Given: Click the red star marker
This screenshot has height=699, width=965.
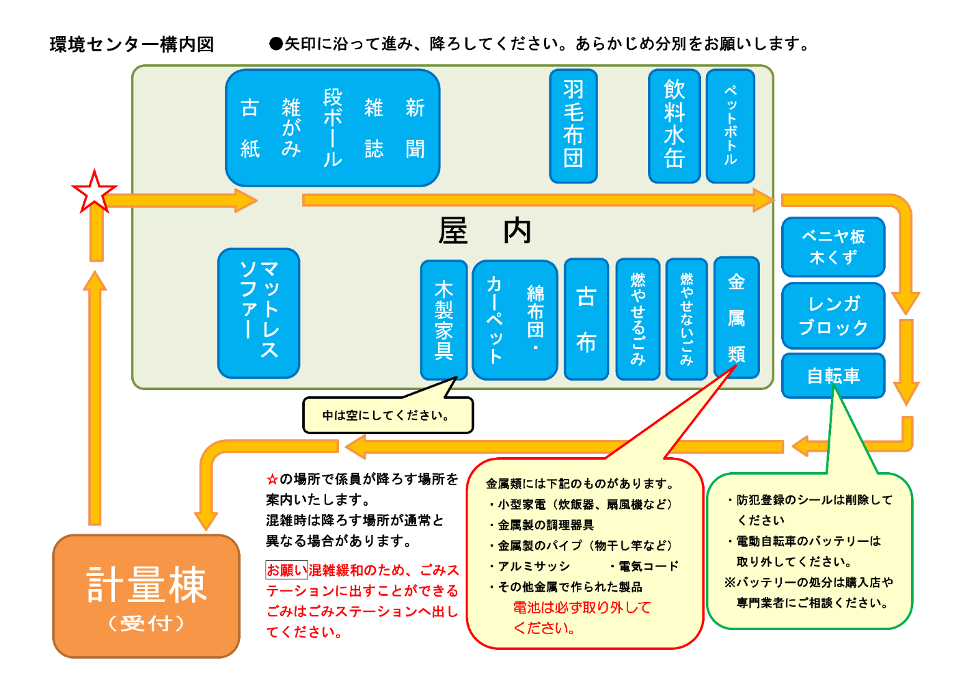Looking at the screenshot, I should tap(94, 192).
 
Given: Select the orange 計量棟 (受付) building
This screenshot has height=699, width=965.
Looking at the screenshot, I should tap(146, 596).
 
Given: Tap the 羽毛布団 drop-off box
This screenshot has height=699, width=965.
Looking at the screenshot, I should tap(573, 126).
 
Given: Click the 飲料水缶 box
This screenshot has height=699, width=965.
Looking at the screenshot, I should tap(674, 126).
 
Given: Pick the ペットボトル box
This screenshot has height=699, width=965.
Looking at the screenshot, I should tap(730, 126).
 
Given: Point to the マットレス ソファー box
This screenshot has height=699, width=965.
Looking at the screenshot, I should tap(259, 313).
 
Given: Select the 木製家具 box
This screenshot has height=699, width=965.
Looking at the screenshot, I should tap(444, 320).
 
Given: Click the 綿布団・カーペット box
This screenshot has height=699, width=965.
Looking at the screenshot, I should tap(515, 320).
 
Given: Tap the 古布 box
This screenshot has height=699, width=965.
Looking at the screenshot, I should tap(586, 319).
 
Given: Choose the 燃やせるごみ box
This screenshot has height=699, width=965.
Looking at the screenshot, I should tap(638, 319).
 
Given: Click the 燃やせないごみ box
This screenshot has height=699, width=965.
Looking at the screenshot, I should tap(687, 319).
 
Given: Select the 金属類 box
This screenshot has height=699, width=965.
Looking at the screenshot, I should tap(736, 318).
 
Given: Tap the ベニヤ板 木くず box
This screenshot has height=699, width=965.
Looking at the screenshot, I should tap(833, 247).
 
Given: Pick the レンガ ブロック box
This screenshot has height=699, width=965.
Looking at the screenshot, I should tap(833, 316).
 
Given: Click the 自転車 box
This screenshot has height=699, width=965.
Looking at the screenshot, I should tap(833, 375).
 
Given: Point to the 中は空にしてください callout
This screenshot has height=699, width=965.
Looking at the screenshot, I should tap(388, 415).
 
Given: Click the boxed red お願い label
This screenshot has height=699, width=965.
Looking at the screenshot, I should tap(286, 570).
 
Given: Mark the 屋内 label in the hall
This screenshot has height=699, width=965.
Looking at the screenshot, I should tap(485, 231).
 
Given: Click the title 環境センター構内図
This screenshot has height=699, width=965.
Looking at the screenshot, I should tap(132, 44).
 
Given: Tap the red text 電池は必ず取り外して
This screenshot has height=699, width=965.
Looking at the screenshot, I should tap(582, 607).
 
